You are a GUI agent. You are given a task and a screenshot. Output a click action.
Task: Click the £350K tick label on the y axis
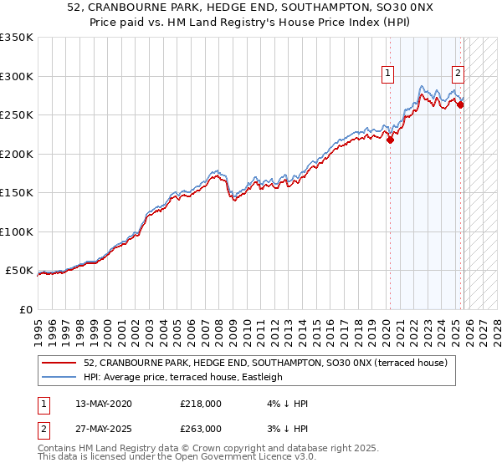pos(17,38)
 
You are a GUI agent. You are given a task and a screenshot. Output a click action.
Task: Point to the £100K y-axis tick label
pos(17,231)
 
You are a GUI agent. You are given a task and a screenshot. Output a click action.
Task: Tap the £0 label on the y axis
pos(24,309)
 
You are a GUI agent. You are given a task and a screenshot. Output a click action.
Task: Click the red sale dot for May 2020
pos(390,140)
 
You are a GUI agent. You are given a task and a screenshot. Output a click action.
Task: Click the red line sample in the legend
pos(60,363)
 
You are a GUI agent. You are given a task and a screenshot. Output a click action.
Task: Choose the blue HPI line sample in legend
pos(60,377)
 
